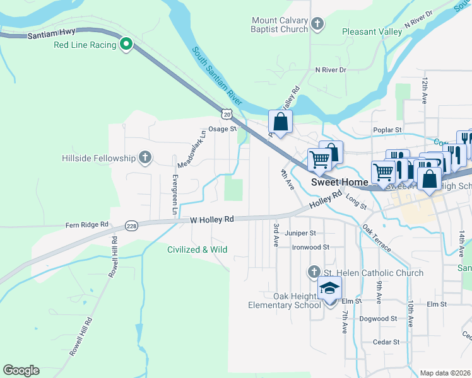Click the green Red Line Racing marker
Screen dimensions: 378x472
tap(126, 44)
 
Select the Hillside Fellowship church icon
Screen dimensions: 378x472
tap(145, 157)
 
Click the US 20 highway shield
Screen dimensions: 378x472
tap(227, 113)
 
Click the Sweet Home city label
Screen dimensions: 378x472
tap(339, 182)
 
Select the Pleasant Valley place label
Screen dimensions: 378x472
tap(372, 31)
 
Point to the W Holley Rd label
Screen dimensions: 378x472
tap(212, 219)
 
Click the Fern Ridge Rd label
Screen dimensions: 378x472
tap(87, 224)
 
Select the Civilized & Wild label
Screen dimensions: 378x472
tap(197, 249)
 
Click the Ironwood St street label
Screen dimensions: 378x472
tap(310, 247)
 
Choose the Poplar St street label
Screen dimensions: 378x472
tap(389, 130)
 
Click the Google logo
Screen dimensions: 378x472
tap(21, 370)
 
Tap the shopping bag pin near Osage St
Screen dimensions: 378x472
tap(280, 122)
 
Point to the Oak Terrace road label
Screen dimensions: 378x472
tap(377, 238)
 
